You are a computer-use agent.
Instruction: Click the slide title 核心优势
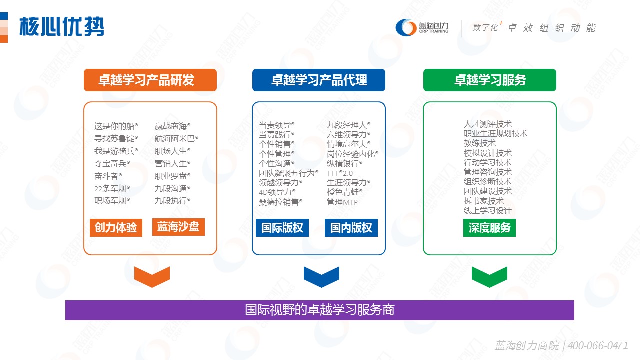61,27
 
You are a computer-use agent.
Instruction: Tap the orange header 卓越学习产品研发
150,80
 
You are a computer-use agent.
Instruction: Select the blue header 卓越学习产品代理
319,80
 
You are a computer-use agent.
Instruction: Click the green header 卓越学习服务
489,80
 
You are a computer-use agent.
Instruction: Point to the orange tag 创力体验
116,227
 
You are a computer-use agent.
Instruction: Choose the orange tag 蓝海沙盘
178,227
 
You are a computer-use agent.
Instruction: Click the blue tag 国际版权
282,227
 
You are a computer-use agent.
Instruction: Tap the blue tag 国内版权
351,227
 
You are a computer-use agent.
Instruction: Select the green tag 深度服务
489,227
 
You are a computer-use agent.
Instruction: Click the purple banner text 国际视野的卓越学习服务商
320,310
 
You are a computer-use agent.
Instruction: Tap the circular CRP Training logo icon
406,27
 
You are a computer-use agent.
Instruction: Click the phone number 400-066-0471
598,345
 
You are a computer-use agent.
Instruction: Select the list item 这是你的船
116,126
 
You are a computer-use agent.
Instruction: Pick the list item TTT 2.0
340,173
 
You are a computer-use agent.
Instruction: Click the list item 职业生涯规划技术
495,133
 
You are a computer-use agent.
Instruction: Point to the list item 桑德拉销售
280,202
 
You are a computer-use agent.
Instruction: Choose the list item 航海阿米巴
176,139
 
